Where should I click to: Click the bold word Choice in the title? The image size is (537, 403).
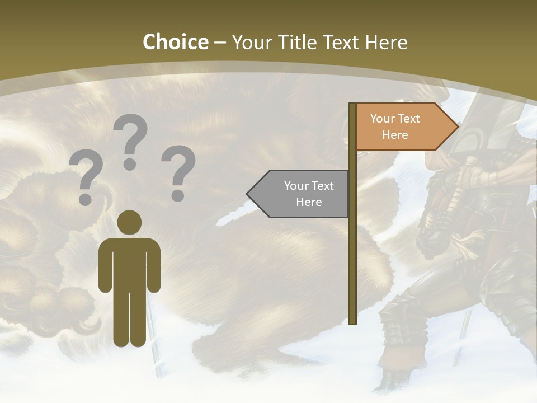tap(175, 42)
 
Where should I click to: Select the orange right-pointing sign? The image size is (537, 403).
tap(403, 127)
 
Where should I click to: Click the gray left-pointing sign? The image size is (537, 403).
tap(302, 194)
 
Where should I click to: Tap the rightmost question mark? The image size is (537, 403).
tap(178, 172)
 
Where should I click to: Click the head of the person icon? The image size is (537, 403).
tap(129, 222)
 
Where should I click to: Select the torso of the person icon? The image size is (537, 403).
tap(129, 263)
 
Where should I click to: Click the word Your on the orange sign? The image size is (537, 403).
tap(383, 119)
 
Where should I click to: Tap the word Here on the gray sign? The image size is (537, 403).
tap(309, 202)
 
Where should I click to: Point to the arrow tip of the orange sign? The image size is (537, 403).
tap(457, 127)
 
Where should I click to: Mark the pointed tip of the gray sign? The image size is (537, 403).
tap(248, 194)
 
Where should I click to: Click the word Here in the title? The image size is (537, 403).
tap(387, 42)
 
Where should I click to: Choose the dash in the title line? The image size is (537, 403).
tap(220, 43)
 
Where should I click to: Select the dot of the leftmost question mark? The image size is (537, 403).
tap(86, 199)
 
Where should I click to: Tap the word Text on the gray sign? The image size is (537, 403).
tap(322, 186)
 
